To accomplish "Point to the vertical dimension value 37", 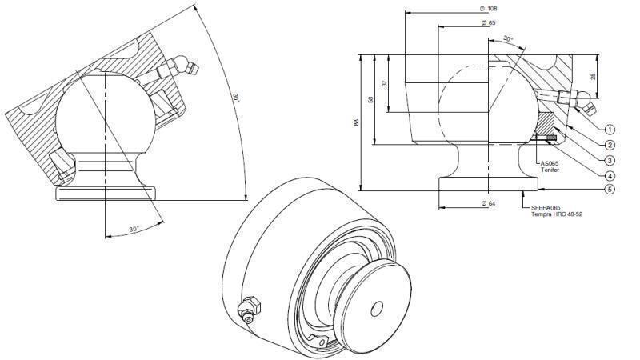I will [384, 83].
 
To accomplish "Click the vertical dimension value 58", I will [370, 99].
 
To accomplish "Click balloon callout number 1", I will [610, 128].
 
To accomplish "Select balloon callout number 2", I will [610, 145].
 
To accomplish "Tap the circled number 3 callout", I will [610, 160].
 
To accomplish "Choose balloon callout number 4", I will [610, 175].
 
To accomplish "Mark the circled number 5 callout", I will [610, 190].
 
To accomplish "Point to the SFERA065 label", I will [548, 208].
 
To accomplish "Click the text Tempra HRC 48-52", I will [558, 214].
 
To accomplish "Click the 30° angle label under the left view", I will [134, 229].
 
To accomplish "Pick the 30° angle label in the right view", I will [508, 38].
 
